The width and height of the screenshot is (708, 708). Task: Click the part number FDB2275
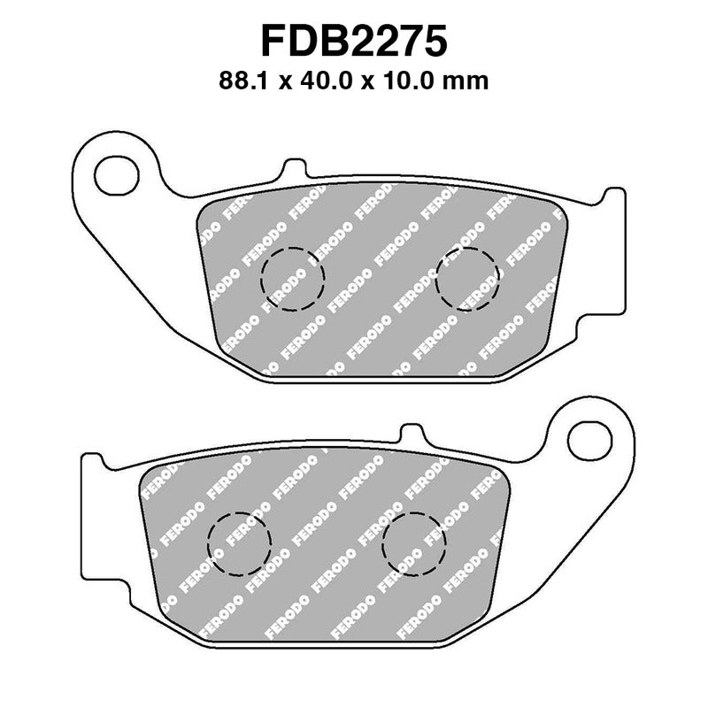click(x=354, y=41)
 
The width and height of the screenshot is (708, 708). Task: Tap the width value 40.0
click(x=327, y=81)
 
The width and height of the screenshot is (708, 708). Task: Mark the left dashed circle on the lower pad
click(x=238, y=544)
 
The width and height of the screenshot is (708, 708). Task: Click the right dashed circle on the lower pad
click(x=414, y=544)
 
